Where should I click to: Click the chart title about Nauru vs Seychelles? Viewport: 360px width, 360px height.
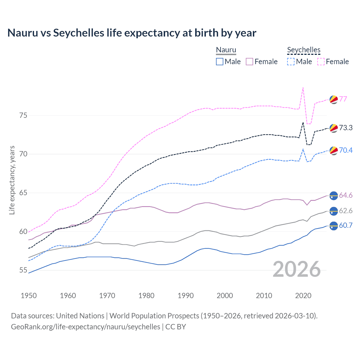pyautogui.click(x=132, y=33)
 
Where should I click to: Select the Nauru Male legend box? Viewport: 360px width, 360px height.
pyautogui.click(x=220, y=62)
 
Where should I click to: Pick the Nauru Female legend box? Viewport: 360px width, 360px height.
pyautogui.click(x=249, y=62)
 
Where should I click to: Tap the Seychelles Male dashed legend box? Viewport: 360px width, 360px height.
pyautogui.click(x=291, y=62)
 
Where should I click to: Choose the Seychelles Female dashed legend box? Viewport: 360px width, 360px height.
pyautogui.click(x=321, y=62)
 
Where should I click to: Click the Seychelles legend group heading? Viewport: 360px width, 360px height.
pyautogui.click(x=304, y=50)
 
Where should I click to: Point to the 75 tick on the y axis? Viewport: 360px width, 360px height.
pyautogui.click(x=23, y=115)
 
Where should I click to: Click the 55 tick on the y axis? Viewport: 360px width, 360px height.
pyautogui.click(x=23, y=270)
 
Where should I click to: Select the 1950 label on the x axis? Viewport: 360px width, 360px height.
pyautogui.click(x=29, y=296)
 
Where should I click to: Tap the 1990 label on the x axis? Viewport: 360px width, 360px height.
pyautogui.click(x=186, y=296)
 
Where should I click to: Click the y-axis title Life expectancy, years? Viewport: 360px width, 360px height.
pyautogui.click(x=12, y=180)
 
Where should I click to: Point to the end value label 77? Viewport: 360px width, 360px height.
pyautogui.click(x=343, y=99)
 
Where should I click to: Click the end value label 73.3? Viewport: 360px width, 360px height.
pyautogui.click(x=346, y=128)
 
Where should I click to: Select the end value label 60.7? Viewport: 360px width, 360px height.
pyautogui.click(x=346, y=225)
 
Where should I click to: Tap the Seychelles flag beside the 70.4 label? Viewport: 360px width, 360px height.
pyautogui.click(x=334, y=150)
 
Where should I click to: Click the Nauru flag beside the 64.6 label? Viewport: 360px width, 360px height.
pyautogui.click(x=334, y=195)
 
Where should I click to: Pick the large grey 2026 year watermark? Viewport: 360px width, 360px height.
pyautogui.click(x=297, y=269)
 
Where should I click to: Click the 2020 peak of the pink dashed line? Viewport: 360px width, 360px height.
pyautogui.click(x=303, y=88)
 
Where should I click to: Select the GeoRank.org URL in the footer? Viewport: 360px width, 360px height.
pyautogui.click(x=85, y=327)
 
